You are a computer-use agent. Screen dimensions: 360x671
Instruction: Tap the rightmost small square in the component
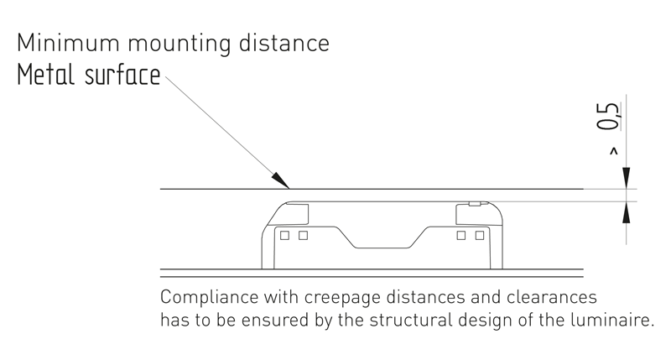[480, 236]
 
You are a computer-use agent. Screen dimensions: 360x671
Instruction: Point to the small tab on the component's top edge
[474, 203]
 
